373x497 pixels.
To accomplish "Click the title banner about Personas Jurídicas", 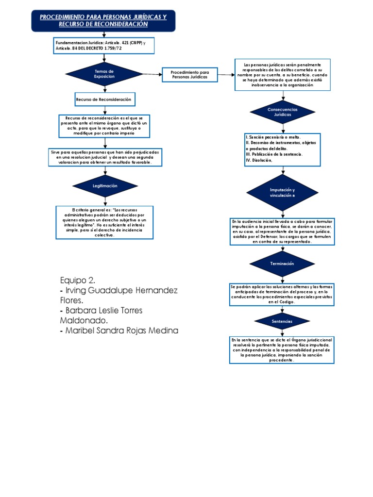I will tap(102, 20).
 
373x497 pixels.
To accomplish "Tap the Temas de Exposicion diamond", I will tap(104, 74).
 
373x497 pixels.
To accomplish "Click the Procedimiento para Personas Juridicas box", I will tap(189, 75).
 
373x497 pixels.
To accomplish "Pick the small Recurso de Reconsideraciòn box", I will tap(104, 99).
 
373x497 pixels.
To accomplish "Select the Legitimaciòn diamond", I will tap(105, 186).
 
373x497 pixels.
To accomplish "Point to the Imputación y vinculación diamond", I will tap(282, 192).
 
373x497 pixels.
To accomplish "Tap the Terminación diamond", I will tap(282, 264).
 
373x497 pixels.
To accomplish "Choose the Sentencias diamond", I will tap(282, 321).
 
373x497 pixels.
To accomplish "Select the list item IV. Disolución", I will tap(259, 160).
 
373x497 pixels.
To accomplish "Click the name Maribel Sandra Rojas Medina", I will tap(119, 331).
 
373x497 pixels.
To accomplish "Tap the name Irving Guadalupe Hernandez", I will tap(119, 290).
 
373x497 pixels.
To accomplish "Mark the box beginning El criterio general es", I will tap(105, 222).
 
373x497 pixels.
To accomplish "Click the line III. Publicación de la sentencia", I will tap(274, 154).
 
